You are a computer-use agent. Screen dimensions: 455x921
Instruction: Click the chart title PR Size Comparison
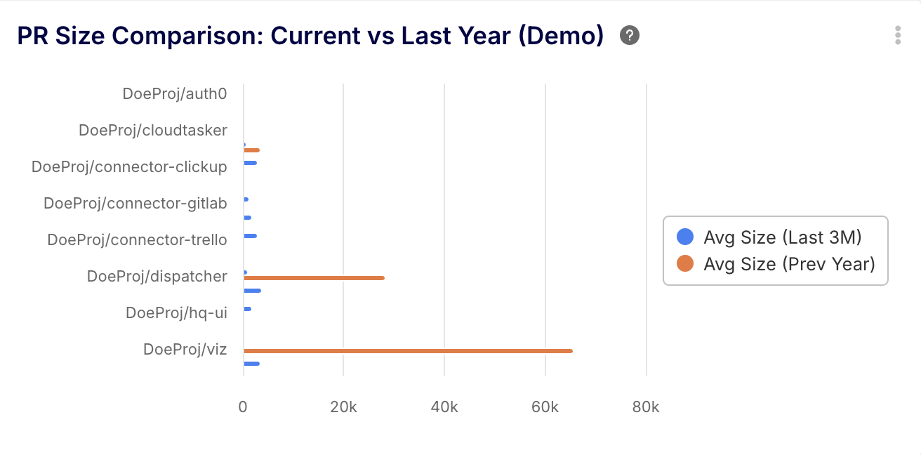click(310, 36)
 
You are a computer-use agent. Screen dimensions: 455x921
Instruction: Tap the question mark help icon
click(630, 35)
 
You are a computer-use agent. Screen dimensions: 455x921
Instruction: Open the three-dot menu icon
click(897, 35)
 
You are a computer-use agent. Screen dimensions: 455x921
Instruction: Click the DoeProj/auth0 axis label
click(174, 93)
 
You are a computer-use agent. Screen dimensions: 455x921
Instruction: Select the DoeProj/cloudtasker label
click(152, 130)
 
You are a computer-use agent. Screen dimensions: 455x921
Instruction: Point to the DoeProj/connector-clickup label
click(129, 166)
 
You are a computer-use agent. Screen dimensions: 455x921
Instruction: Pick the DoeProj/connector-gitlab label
click(135, 203)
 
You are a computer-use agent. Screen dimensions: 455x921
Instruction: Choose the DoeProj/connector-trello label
click(137, 239)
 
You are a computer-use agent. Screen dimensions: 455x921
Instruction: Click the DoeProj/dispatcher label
click(157, 276)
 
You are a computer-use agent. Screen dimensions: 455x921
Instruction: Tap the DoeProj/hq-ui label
click(176, 312)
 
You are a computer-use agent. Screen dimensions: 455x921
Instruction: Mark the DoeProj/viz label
click(185, 349)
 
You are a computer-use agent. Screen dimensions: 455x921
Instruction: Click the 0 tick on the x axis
click(243, 407)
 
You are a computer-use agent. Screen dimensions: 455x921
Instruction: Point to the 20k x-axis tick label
click(343, 407)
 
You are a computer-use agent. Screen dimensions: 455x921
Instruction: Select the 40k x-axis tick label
click(444, 407)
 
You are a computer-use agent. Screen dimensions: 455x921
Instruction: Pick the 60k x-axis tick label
click(545, 407)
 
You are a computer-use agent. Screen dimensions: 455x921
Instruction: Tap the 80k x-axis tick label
click(645, 407)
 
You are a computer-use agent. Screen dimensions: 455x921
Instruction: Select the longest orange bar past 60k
click(407, 351)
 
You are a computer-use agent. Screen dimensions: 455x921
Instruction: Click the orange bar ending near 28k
click(314, 278)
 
